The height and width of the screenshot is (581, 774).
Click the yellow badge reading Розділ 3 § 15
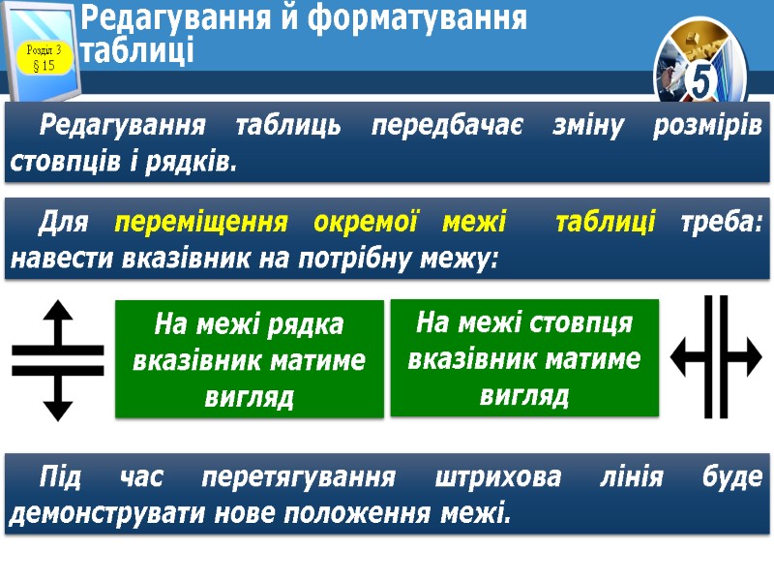44,58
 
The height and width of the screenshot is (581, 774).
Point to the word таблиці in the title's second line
137,50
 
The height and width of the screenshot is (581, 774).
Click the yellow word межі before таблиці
474,223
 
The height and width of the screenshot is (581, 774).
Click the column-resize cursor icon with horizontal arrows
717,357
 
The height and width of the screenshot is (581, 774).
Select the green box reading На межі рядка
249,359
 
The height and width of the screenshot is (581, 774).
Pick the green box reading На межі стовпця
523,358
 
